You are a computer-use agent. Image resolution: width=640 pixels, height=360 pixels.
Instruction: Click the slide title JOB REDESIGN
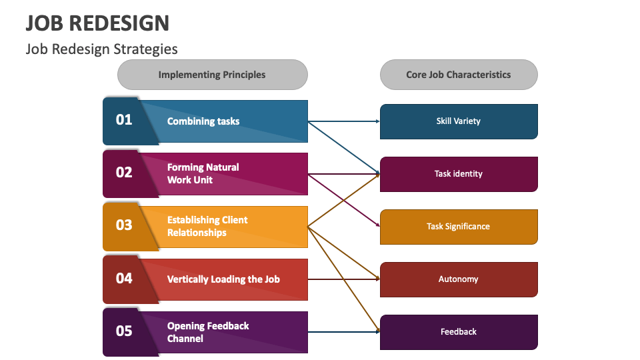(97, 23)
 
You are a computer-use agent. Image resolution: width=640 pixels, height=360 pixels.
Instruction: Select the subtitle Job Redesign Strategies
(101, 49)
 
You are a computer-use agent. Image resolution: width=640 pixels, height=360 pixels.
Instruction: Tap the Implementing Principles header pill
(212, 75)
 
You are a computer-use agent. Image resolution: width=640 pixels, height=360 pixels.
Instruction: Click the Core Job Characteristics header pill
(459, 75)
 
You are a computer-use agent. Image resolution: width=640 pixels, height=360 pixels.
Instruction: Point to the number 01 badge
(125, 120)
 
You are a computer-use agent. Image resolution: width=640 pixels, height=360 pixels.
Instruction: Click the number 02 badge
(125, 173)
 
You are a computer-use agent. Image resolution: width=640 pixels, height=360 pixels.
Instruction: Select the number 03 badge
(125, 225)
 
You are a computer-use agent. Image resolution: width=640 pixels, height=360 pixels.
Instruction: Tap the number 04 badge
(125, 278)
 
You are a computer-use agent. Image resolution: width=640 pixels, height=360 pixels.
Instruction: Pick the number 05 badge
(125, 331)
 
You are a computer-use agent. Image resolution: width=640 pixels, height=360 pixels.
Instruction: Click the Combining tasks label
(203, 121)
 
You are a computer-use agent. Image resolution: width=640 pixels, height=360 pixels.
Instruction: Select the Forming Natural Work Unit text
(203, 173)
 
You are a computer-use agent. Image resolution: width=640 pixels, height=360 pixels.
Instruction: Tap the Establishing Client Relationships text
(207, 226)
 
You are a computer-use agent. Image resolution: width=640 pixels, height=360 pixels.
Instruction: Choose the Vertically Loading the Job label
(223, 279)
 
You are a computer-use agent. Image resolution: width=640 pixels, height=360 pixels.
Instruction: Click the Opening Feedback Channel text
(208, 332)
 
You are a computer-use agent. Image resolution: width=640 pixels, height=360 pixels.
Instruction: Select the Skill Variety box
(459, 121)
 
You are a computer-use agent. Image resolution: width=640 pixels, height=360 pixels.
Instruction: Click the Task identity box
(459, 174)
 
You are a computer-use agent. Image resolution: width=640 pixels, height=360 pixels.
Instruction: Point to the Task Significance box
(459, 227)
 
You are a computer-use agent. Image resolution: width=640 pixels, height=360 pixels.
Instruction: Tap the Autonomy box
(459, 279)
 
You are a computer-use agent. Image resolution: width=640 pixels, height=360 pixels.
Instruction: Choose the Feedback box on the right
(459, 332)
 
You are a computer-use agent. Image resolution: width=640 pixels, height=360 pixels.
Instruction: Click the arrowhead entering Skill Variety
(377, 121)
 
